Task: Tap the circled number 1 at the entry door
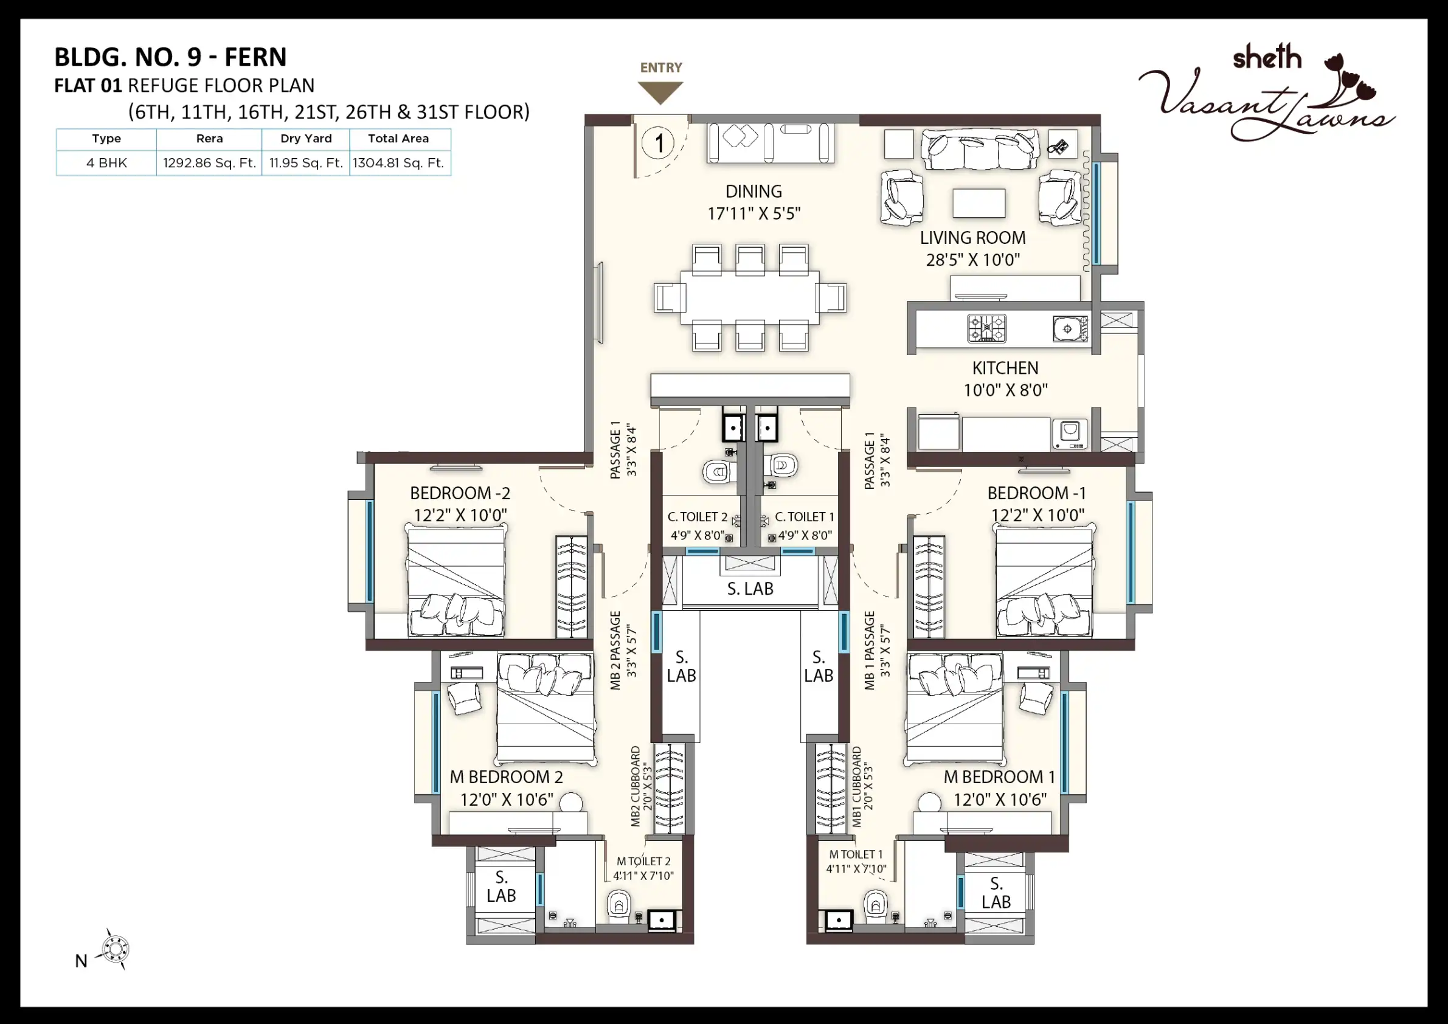[659, 143]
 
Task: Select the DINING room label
[753, 191]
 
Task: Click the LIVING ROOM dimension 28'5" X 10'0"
[972, 260]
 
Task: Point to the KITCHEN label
[1005, 368]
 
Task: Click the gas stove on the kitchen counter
[987, 328]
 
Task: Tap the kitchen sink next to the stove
[1070, 328]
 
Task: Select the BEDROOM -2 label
[460, 493]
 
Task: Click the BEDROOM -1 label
[1037, 493]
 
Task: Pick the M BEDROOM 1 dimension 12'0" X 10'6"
[1000, 800]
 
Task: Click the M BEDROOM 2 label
[507, 777]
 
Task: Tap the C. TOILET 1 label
[805, 517]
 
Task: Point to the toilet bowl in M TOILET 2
[618, 905]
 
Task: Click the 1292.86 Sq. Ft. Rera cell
[209, 163]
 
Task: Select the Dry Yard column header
[306, 139]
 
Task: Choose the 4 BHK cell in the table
[106, 163]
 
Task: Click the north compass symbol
[116, 949]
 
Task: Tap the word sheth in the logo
[1267, 57]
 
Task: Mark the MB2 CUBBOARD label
[635, 787]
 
